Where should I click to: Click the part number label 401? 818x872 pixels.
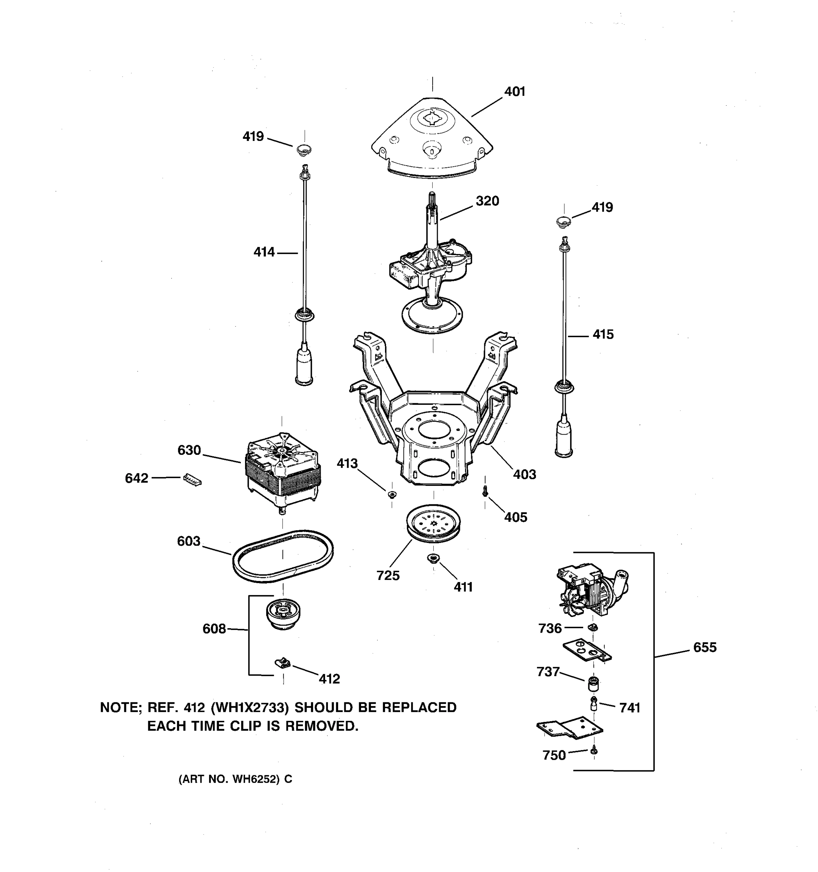coord(514,92)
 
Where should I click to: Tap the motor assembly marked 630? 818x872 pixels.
coord(282,470)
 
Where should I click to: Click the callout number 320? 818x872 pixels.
coord(487,201)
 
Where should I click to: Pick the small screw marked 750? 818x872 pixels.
coord(594,751)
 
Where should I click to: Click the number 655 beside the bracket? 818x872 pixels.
coord(704,647)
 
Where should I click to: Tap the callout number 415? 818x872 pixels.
coord(603,335)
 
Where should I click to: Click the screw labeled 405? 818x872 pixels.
coord(485,493)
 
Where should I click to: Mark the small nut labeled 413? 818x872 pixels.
coord(392,495)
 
